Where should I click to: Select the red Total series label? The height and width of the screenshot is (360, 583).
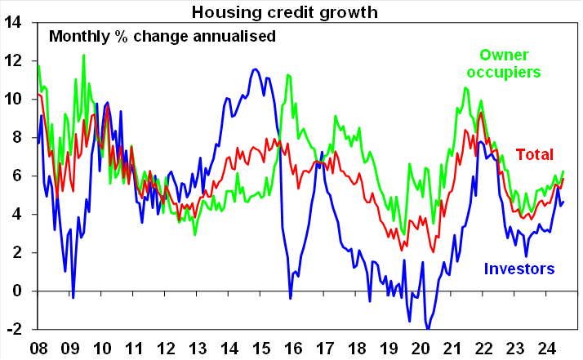tap(534, 154)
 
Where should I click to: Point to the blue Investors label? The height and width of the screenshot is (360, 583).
tap(519, 269)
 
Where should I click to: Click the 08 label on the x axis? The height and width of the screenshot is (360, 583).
tap(38, 347)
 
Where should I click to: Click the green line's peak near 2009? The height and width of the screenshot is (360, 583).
tap(83, 55)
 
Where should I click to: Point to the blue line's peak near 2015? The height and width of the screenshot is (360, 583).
tap(256, 69)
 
